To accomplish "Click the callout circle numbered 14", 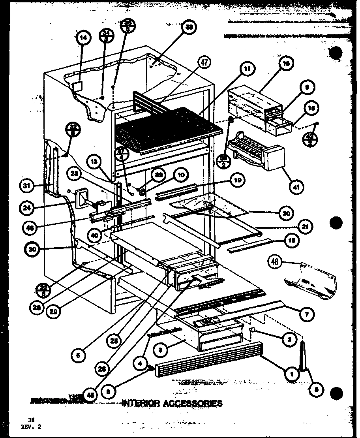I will (x=82, y=38).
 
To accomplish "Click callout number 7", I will (x=307, y=314).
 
